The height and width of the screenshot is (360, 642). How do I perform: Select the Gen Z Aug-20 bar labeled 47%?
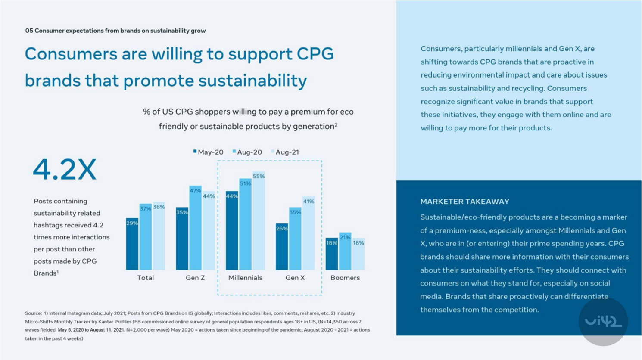coord(195,228)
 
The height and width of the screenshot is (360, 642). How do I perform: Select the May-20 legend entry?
coord(208,152)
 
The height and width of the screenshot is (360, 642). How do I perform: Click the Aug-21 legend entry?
coord(285,152)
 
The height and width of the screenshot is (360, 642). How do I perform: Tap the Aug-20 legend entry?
coord(247,152)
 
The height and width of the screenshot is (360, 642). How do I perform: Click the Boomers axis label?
coord(345,278)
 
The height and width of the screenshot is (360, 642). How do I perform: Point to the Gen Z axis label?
coord(195,278)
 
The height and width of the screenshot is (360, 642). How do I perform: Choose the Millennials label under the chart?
coord(245,278)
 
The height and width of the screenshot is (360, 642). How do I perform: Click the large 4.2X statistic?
coord(65,169)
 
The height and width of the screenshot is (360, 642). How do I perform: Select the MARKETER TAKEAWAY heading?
coord(464,202)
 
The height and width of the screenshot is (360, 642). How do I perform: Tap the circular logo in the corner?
coord(603,321)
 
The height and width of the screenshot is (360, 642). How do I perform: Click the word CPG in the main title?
coord(315,54)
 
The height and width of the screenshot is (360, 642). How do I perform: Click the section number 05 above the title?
coord(29,31)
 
